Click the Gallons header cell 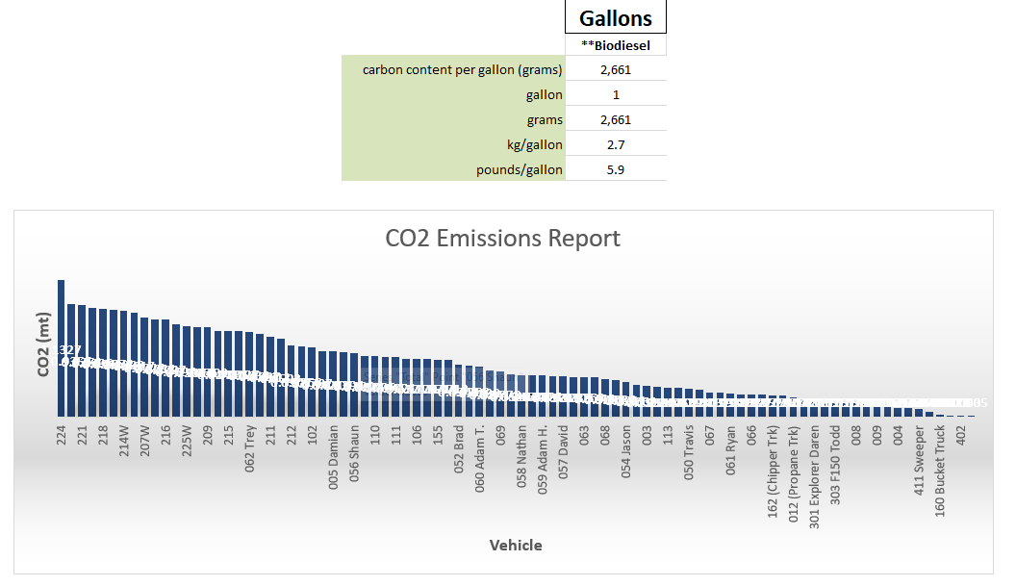click(615, 18)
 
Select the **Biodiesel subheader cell click(615, 45)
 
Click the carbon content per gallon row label click(462, 69)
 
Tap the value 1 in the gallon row click(615, 94)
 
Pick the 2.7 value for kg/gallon click(615, 144)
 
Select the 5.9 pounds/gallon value click(615, 169)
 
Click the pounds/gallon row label click(519, 169)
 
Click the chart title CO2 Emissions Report click(502, 238)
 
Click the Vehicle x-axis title click(516, 545)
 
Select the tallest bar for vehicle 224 click(61, 347)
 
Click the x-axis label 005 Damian click(334, 458)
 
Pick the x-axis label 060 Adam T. click(480, 460)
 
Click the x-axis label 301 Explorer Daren click(815, 471)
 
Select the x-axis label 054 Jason click(626, 453)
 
